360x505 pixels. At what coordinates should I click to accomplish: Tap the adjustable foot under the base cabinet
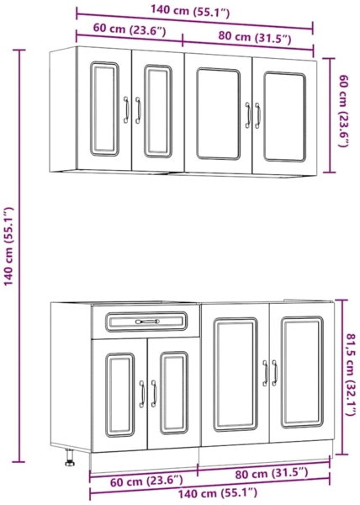[69, 460]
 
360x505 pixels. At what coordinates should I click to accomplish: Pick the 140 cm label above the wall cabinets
[194, 12]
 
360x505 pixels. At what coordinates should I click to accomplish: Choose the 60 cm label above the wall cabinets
[129, 31]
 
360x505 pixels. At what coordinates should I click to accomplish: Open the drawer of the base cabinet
[146, 322]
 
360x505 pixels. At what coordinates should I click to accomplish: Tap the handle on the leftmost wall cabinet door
[125, 109]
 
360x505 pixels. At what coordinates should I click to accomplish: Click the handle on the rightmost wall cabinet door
[258, 114]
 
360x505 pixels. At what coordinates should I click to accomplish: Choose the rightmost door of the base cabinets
[301, 375]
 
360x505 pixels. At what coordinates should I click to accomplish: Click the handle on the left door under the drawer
[141, 393]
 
